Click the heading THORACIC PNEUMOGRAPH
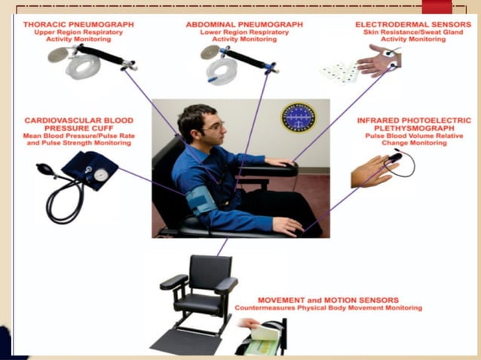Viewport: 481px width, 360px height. [x=78, y=24]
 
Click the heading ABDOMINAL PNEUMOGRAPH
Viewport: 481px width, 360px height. [x=244, y=24]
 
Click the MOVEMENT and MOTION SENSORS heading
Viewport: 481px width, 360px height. [x=327, y=299]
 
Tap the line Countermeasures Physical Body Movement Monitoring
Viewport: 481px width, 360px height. [x=327, y=308]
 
